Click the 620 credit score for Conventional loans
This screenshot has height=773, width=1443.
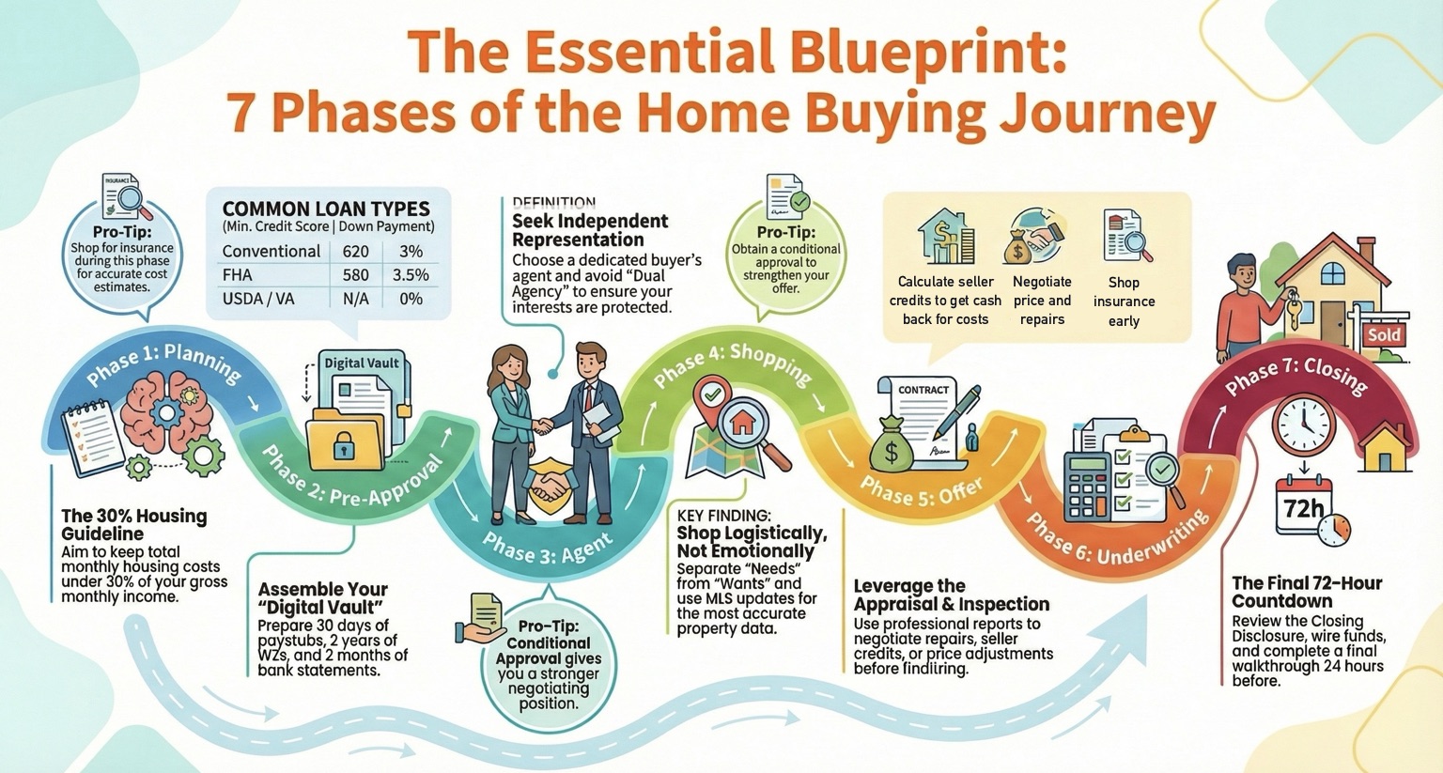[356, 251]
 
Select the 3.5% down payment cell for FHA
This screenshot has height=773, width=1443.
[411, 275]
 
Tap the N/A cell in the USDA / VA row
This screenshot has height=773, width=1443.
[356, 299]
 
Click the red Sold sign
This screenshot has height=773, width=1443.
[1384, 335]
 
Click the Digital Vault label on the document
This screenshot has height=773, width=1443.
[362, 363]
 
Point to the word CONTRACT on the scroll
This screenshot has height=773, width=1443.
[923, 390]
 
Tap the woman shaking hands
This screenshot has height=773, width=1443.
[513, 433]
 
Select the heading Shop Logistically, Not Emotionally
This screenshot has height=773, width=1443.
[752, 542]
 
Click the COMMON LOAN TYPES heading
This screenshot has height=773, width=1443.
[326, 209]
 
